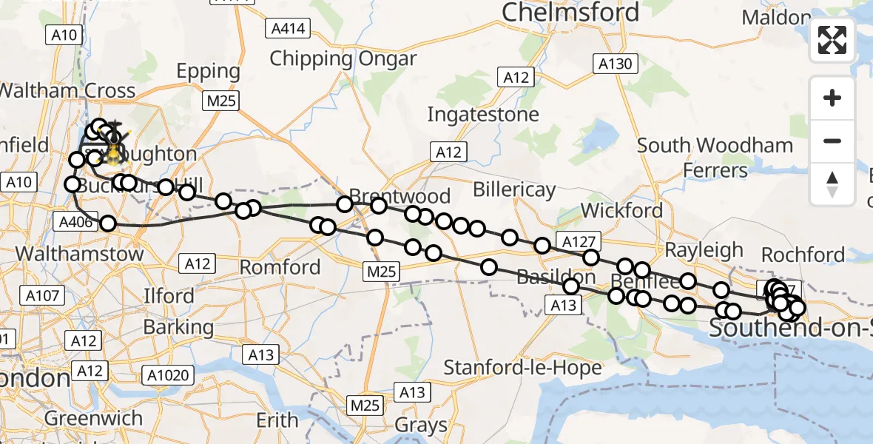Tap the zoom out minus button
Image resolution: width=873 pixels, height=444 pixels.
pyautogui.click(x=832, y=141)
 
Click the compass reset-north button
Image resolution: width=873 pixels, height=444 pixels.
pyautogui.click(x=832, y=184)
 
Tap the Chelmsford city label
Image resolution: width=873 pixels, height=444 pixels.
pyautogui.click(x=570, y=13)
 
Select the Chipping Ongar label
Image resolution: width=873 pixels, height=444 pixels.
pyautogui.click(x=343, y=58)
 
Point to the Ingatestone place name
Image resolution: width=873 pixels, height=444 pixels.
pyautogui.click(x=482, y=115)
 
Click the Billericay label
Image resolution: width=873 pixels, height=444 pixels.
pyautogui.click(x=514, y=189)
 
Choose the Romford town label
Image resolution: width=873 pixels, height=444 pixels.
pyautogui.click(x=280, y=267)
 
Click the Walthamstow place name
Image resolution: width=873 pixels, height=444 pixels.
pyautogui.click(x=79, y=254)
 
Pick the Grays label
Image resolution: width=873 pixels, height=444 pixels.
pyautogui.click(x=421, y=425)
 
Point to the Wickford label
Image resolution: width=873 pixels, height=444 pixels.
pyautogui.click(x=621, y=211)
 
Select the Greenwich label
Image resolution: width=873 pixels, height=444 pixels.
pyautogui.click(x=93, y=418)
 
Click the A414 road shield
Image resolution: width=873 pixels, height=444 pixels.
pyautogui.click(x=286, y=28)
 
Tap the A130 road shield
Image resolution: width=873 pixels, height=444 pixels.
pyautogui.click(x=615, y=64)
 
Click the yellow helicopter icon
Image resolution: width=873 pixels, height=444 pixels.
pyautogui.click(x=113, y=154)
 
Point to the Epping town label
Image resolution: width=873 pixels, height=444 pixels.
pyautogui.click(x=208, y=72)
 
